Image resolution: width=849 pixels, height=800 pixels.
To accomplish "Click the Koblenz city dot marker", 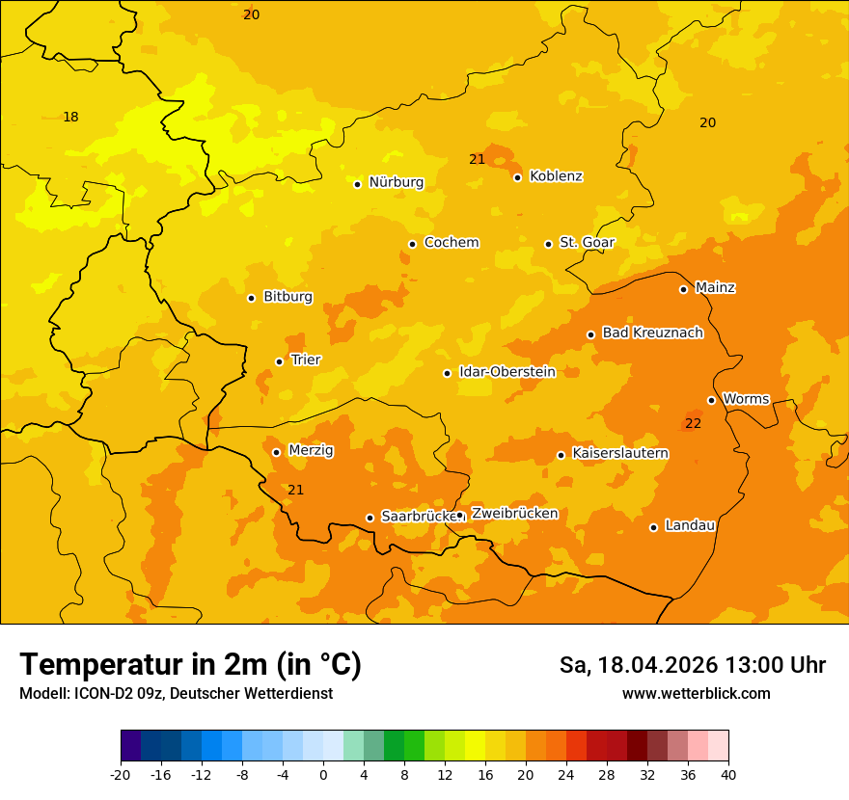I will click(518, 177).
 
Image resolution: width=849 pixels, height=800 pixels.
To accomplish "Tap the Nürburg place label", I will click(396, 182).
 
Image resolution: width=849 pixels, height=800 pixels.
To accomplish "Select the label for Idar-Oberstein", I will click(507, 372).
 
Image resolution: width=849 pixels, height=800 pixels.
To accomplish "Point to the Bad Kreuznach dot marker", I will click(590, 335).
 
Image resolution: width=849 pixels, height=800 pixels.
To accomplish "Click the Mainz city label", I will click(715, 287).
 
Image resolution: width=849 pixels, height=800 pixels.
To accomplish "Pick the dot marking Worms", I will click(711, 400).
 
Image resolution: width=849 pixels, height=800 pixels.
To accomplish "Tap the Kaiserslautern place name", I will click(620, 453).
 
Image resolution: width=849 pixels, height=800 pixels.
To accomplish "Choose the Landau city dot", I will click(653, 527).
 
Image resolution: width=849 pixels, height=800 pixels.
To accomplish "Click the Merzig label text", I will click(311, 450).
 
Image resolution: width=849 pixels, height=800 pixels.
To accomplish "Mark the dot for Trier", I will click(279, 361).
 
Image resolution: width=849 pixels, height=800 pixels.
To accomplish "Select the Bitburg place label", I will click(288, 297).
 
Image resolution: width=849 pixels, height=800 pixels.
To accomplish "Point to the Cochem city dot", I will click(412, 244).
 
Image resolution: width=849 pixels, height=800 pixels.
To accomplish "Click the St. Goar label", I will click(587, 242).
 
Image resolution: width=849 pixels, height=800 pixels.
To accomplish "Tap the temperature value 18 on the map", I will click(70, 118).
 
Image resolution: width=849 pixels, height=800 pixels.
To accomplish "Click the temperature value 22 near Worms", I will click(693, 424).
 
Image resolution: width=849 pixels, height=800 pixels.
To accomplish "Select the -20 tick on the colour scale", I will click(121, 775).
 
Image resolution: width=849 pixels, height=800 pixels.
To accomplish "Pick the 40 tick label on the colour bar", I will click(728, 775).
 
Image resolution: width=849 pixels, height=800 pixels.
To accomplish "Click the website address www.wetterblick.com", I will click(696, 694).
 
